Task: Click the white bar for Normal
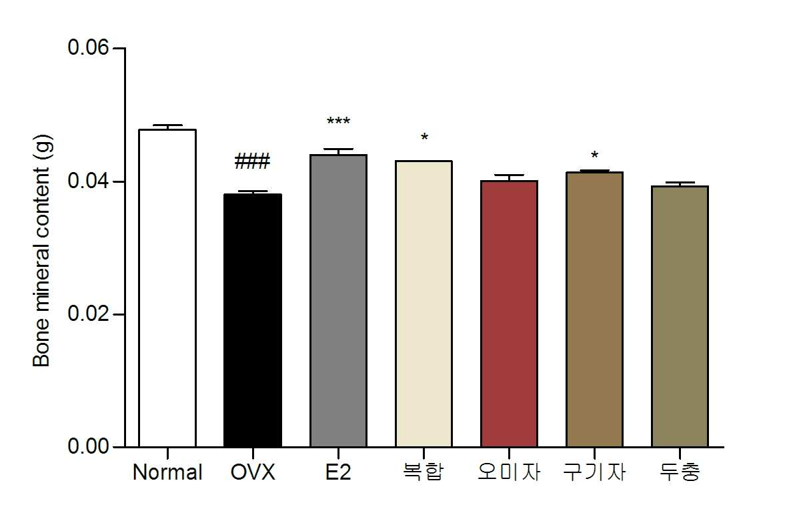[167, 288]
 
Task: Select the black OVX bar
[253, 320]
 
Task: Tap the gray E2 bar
[338, 301]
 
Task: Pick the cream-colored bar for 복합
[424, 304]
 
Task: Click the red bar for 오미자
[509, 314]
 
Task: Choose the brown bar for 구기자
[594, 310]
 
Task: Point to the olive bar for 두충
[680, 316]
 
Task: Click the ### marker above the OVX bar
[252, 161]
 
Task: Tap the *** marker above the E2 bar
[338, 121]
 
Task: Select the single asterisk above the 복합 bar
[424, 137]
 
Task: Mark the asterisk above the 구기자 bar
[594, 155]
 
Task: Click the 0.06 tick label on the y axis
[88, 48]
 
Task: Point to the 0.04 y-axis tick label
[88, 181]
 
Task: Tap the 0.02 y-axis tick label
[88, 314]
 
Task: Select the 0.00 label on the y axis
[88, 447]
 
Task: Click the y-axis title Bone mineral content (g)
[41, 251]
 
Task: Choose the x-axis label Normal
[167, 472]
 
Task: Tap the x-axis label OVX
[253, 472]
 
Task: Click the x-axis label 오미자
[509, 472]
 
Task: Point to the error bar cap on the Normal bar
[167, 125]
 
